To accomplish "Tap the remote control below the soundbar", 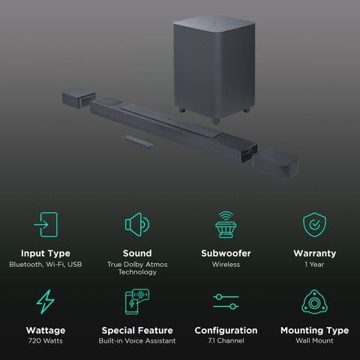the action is coord(138,141).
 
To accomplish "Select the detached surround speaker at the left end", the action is coord(79,97).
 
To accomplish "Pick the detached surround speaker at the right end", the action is coord(276,163).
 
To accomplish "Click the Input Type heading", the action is coord(46,253).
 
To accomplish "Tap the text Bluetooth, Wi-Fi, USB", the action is coord(46,265).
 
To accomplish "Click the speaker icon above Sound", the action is coord(137,224).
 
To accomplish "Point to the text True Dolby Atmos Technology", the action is coord(137,268).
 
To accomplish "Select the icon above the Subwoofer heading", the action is coord(226,224).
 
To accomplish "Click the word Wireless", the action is coord(226,265).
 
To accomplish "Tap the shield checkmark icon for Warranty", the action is coord(314,224).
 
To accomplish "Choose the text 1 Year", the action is coord(314,265).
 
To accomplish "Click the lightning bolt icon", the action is coord(46,301).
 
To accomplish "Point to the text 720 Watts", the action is coord(46,340).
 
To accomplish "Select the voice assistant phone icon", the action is coord(137,301).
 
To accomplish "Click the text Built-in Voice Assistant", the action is coord(137,340).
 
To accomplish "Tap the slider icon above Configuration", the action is coord(226,301).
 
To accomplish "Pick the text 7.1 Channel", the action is coord(226,340).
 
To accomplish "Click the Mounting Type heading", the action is coord(314,331).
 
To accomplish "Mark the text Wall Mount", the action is coord(314,340).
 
